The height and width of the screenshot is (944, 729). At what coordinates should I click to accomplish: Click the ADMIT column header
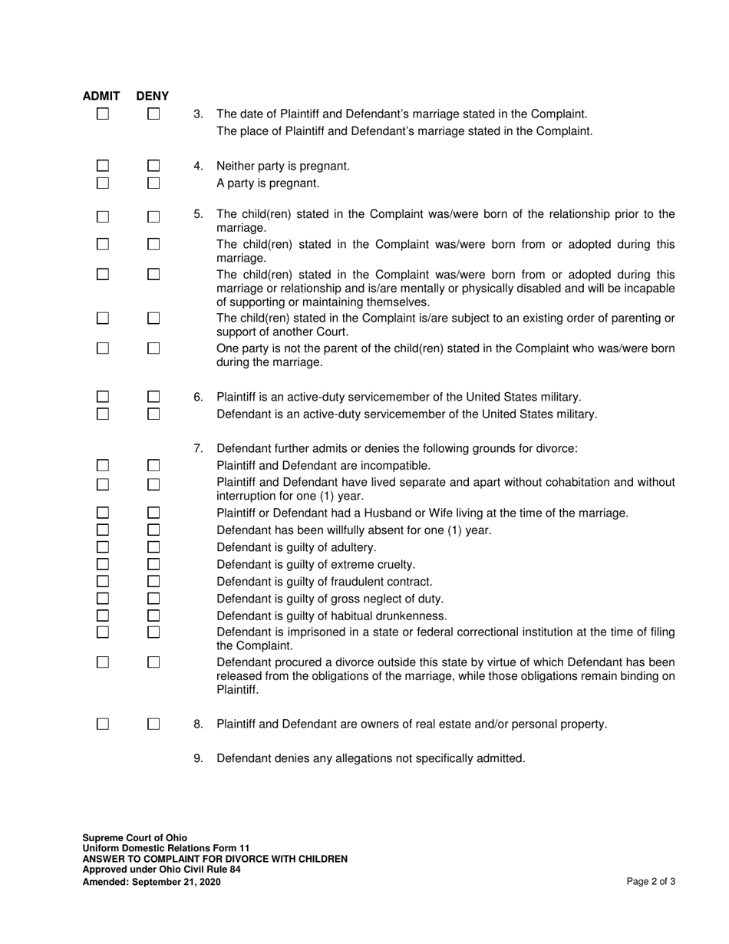click(101, 96)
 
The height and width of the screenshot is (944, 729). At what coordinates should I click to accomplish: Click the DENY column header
click(153, 96)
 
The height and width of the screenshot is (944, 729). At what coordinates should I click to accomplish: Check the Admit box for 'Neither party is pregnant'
click(103, 166)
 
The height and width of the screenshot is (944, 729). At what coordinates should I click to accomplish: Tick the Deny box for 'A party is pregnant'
click(153, 183)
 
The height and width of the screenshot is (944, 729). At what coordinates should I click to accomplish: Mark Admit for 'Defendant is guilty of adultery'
click(103, 547)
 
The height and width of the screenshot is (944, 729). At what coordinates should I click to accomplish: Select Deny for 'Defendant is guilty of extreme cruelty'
click(153, 564)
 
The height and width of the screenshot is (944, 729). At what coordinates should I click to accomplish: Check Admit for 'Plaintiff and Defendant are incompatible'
click(103, 465)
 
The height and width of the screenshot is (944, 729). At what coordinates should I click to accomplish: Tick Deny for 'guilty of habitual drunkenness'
click(153, 616)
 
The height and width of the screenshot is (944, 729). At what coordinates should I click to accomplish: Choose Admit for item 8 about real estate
click(103, 724)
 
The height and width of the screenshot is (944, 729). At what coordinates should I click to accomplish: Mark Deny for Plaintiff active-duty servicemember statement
click(153, 397)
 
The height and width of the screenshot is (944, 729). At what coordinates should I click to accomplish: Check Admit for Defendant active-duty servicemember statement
click(103, 414)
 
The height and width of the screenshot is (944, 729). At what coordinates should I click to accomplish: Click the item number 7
click(198, 448)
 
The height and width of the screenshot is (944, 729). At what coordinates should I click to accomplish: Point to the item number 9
click(198, 758)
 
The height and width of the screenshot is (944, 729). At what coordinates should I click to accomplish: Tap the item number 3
click(198, 114)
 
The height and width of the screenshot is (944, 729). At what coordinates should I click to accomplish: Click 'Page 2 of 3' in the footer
click(651, 882)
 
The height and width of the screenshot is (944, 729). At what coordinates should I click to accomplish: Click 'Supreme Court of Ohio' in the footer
click(134, 837)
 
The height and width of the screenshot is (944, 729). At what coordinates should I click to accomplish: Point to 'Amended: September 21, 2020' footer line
click(151, 882)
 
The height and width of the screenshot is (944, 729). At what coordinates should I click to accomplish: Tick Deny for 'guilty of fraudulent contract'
click(153, 581)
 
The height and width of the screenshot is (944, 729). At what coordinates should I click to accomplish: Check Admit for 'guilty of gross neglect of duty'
click(103, 599)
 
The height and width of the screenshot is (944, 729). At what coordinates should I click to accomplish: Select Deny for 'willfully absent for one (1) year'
click(153, 530)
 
